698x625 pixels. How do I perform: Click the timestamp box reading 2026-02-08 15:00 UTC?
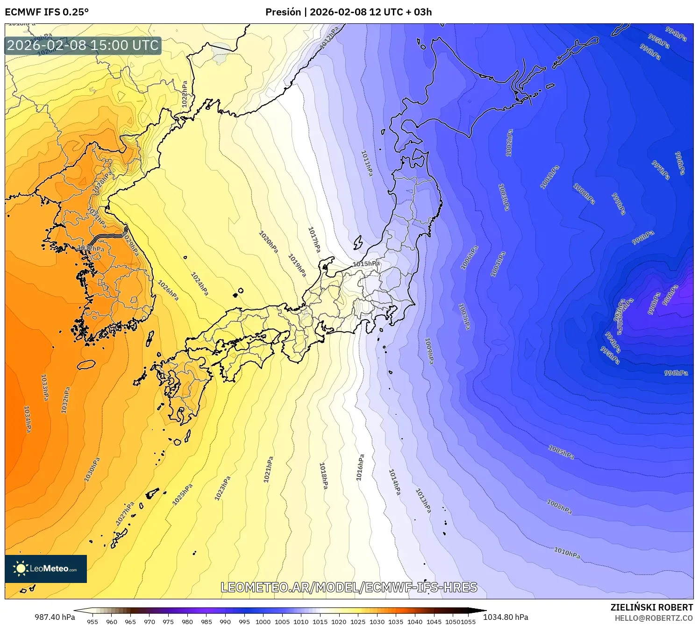(83, 45)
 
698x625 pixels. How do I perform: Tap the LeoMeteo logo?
(46, 568)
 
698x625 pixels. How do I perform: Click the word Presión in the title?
(283, 12)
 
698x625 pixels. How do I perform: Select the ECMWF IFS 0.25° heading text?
(47, 12)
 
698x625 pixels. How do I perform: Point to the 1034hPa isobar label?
(28, 419)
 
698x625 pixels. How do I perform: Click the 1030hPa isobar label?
(92, 469)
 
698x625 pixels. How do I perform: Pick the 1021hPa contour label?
(268, 469)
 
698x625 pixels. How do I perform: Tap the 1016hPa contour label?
(360, 467)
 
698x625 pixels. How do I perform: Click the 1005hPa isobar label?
(561, 452)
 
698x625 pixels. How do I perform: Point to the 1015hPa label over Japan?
(366, 264)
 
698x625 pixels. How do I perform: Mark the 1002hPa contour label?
(509, 142)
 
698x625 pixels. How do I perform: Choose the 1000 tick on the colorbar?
(263, 621)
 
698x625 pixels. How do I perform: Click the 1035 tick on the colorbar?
(396, 621)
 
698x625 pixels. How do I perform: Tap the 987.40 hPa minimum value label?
(55, 617)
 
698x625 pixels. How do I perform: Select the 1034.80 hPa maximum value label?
(506, 617)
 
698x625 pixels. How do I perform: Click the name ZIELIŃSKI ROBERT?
(652, 607)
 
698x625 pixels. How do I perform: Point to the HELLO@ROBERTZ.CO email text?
(654, 618)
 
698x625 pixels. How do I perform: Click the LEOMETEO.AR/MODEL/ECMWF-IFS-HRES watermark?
(349, 587)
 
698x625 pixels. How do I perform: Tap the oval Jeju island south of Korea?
(86, 364)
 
